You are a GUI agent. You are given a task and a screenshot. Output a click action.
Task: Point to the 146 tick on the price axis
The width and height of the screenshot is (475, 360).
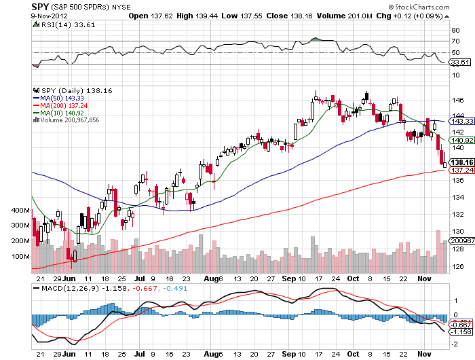pos(459,99)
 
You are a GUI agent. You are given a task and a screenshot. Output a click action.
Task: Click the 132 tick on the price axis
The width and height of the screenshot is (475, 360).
pos(459,214)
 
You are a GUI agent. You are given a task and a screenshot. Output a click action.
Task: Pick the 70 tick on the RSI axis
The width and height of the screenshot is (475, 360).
pos(457,41)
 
